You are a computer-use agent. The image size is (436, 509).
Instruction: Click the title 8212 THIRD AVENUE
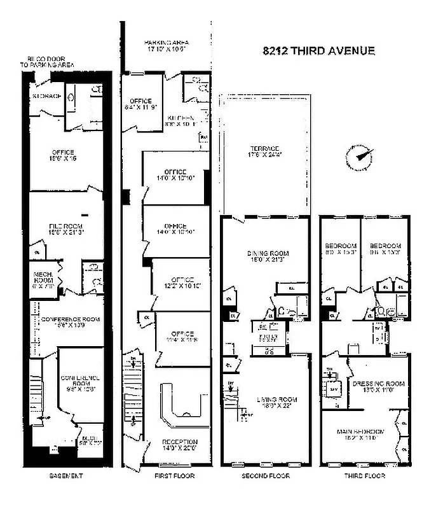318,52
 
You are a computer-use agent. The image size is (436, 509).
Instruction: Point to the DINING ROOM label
265,253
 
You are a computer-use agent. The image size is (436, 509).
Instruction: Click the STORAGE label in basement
47,96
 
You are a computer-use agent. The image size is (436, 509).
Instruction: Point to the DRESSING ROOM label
378,384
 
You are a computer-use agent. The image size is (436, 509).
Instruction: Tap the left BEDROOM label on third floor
337,246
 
